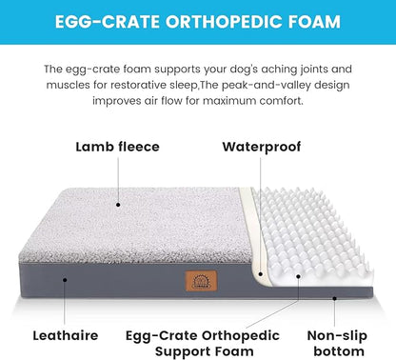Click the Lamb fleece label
(x=117, y=147)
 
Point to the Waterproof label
(x=261, y=147)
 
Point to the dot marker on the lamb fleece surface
(x=116, y=204)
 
